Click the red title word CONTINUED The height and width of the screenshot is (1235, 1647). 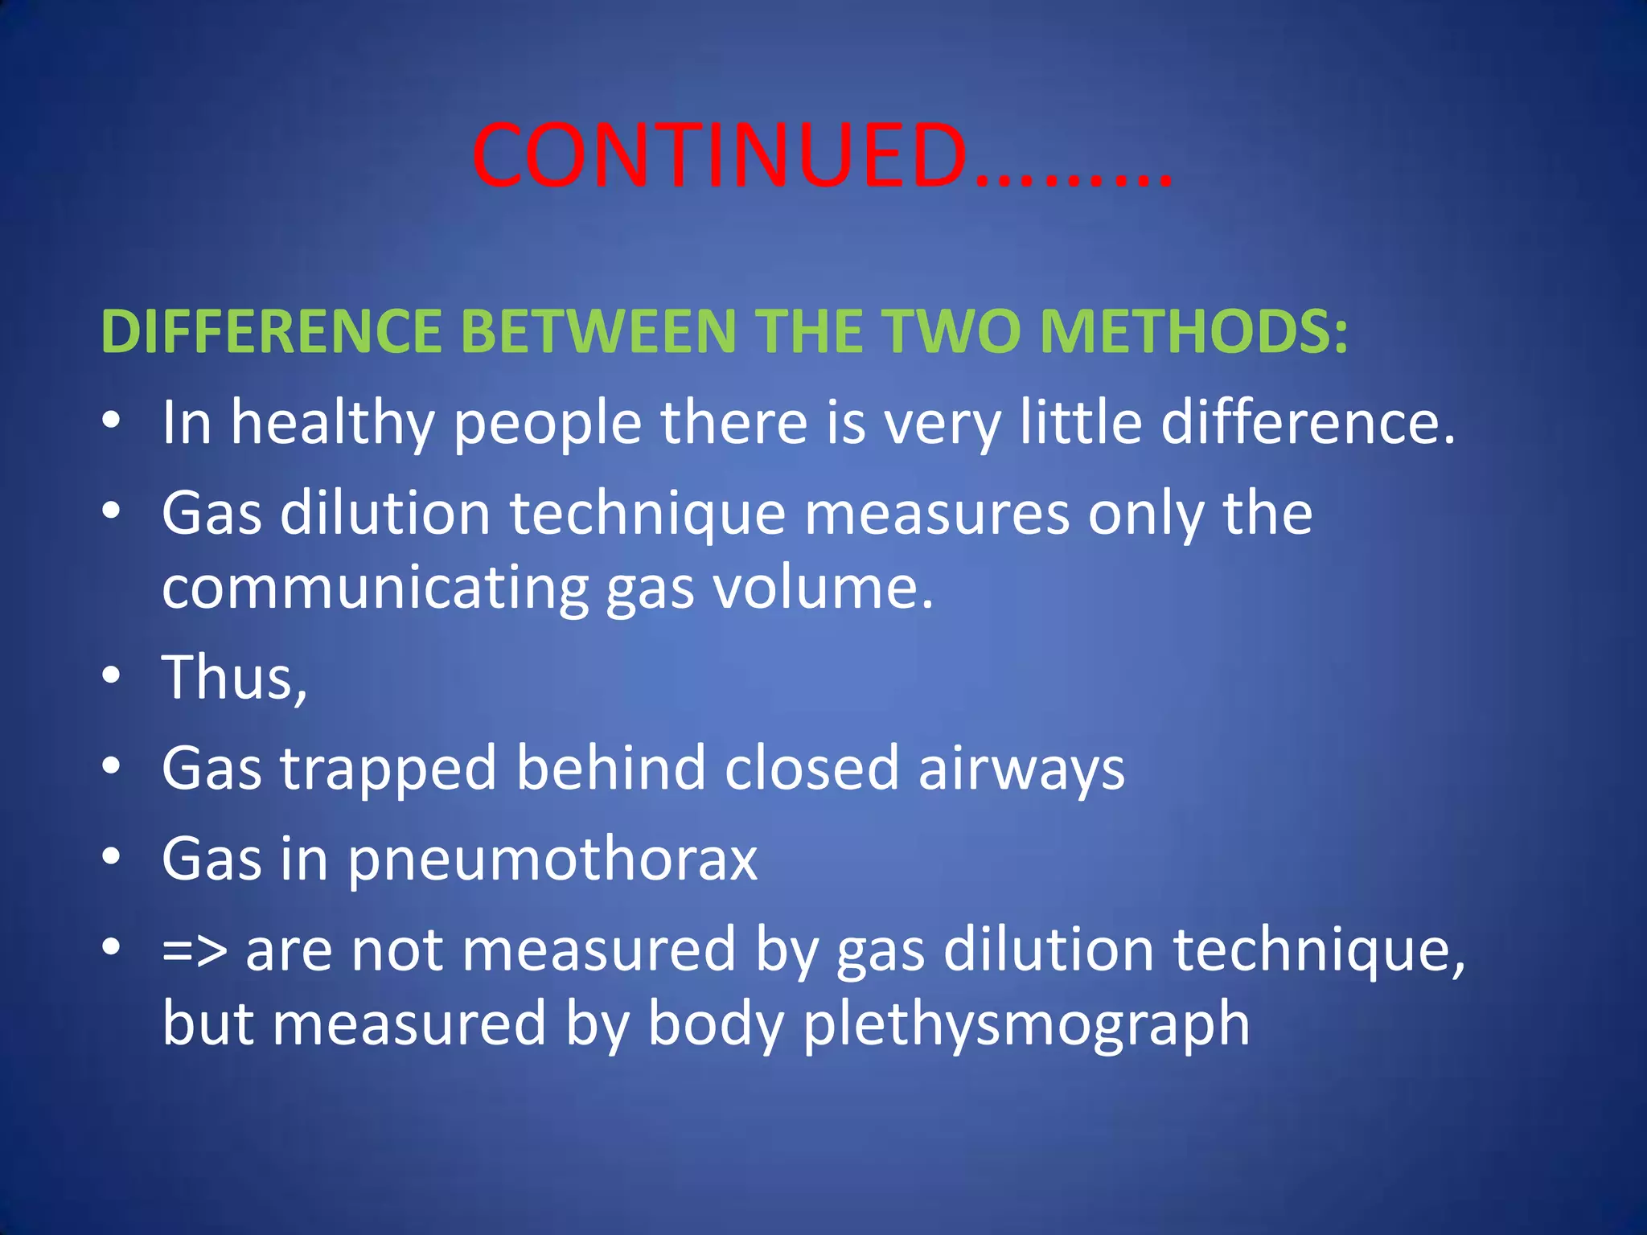click(720, 156)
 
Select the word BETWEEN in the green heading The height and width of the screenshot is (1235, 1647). click(598, 331)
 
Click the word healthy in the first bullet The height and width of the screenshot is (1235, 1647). click(332, 424)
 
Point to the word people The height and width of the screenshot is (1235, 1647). click(548, 424)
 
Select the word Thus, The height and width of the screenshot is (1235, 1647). click(234, 678)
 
